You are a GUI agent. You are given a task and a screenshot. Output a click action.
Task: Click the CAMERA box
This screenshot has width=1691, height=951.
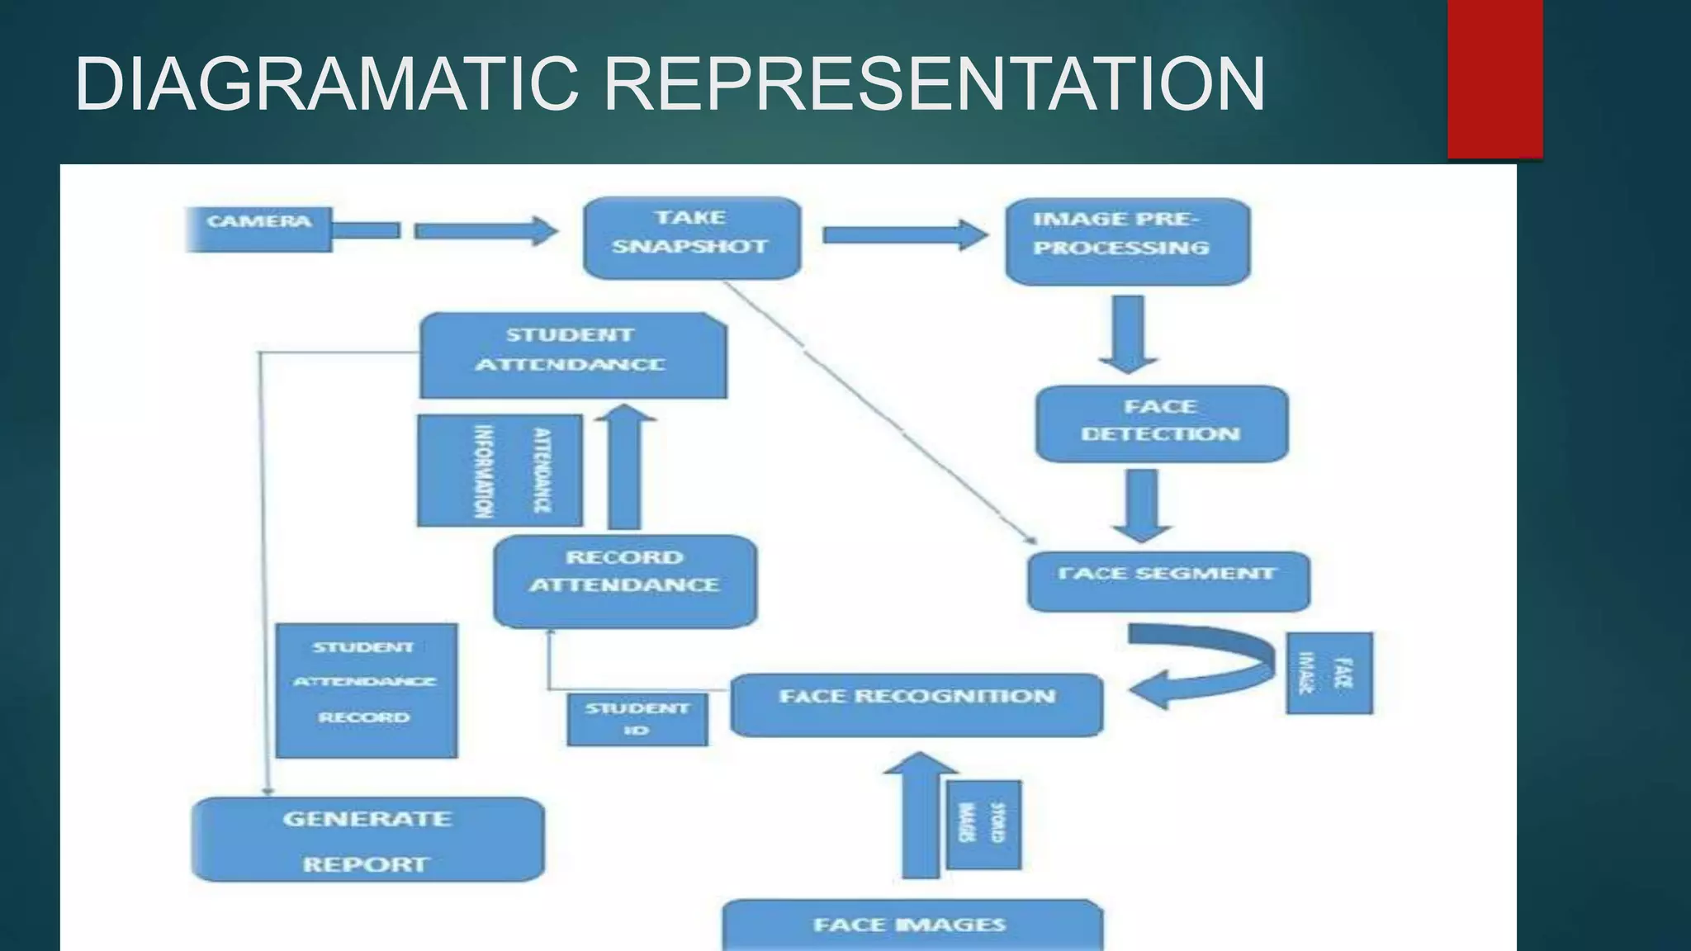pos(258,228)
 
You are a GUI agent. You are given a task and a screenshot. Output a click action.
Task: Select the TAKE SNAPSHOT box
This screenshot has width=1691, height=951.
pos(691,237)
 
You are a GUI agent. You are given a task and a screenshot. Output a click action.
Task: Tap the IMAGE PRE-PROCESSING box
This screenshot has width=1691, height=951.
pos(1127,240)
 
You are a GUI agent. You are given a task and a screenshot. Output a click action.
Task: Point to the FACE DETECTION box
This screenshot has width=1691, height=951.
pos(1161,423)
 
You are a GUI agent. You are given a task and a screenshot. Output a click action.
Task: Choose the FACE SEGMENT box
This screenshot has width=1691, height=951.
pos(1168,580)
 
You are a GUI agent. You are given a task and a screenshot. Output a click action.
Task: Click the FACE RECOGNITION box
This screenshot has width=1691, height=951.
pos(917,704)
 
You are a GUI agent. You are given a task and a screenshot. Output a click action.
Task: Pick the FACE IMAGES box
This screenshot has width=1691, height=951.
pos(912,925)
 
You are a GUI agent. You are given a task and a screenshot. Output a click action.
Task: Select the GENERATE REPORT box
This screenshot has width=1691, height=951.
pos(367,839)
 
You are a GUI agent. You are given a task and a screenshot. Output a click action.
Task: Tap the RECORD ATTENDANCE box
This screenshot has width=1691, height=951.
pos(625,580)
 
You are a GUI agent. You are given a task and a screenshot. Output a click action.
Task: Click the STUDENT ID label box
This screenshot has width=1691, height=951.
pos(637,719)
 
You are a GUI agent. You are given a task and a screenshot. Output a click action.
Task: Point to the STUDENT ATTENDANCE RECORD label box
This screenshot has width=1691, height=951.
pos(366,690)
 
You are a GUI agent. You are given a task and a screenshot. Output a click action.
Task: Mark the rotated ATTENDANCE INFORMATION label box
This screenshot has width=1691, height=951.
pos(500,471)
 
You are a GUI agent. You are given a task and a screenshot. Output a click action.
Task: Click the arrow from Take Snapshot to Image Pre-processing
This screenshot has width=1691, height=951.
pos(904,235)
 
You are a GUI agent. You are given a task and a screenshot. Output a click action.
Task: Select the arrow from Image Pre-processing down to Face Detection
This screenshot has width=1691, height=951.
pos(1129,332)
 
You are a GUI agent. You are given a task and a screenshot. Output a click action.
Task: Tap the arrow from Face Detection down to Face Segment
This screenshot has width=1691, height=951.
pos(1142,504)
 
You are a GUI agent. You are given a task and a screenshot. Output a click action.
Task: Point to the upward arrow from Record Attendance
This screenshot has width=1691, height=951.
pos(624,466)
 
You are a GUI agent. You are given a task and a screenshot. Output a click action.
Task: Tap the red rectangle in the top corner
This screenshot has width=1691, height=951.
pos(1494,78)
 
